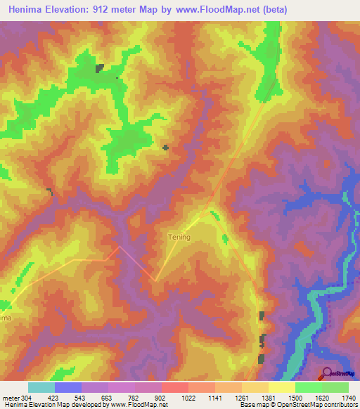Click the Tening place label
(x=179, y=237)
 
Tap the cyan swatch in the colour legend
(x=41, y=387)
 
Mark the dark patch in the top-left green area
(x=100, y=67)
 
